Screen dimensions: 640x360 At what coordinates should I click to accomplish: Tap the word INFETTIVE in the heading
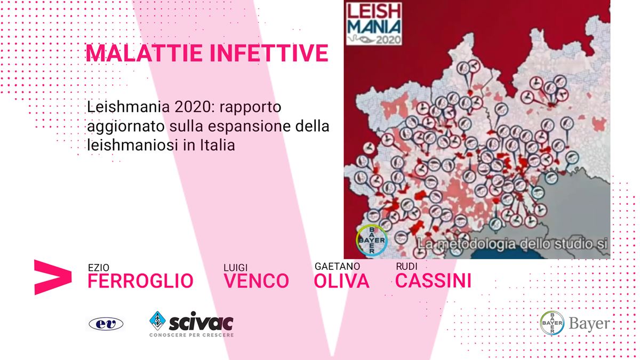point(269,53)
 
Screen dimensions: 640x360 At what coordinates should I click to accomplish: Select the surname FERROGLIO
point(140,281)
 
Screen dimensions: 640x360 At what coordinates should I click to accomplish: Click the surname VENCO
point(257,281)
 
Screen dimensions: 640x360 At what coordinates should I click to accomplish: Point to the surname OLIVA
point(341,281)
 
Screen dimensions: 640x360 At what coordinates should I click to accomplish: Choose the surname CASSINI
point(433,281)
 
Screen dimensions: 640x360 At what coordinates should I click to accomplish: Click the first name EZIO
point(99,268)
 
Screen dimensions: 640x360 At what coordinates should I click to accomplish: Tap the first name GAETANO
point(337,266)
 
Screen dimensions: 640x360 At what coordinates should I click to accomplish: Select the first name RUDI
point(406,266)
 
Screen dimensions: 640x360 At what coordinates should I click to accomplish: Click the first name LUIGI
point(235,268)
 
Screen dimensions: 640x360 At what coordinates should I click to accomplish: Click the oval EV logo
point(106,324)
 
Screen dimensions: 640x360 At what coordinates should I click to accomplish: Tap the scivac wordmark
point(201,322)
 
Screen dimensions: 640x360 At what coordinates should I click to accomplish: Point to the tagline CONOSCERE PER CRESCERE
point(191,335)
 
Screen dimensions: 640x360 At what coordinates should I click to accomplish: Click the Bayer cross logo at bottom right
point(552,323)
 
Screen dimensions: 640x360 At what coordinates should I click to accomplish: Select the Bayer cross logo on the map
point(372,240)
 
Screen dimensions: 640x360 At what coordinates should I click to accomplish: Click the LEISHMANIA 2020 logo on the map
point(374,23)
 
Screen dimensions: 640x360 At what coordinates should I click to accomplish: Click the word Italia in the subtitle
point(217,145)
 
